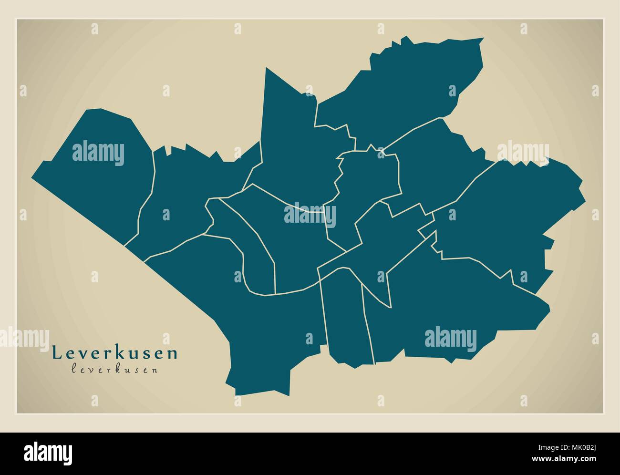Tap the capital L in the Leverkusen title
(x=56, y=353)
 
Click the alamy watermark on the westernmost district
(x=98, y=153)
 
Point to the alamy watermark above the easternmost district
(x=523, y=152)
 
